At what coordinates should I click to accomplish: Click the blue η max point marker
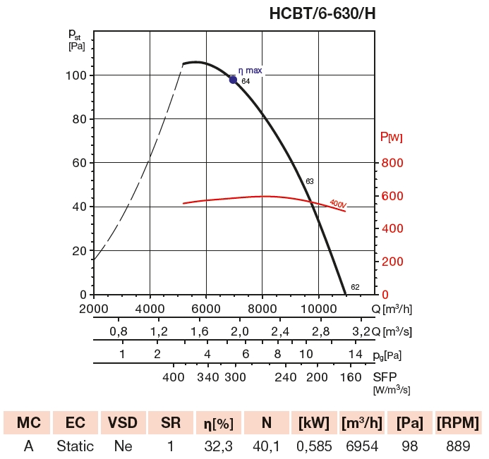coord(234,80)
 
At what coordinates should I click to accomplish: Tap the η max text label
coord(250,71)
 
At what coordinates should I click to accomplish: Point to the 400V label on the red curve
coord(338,204)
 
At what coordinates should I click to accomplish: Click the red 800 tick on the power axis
coord(392,163)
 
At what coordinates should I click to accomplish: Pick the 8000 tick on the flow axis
coord(262,308)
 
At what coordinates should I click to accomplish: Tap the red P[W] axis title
coord(392,137)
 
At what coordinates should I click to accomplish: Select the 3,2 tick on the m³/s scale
coord(360,331)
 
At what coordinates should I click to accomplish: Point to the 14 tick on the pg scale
coord(355,354)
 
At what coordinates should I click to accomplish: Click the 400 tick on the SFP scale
coord(173,376)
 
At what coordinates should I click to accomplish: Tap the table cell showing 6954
coord(362,446)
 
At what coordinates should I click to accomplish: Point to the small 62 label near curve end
coord(355,287)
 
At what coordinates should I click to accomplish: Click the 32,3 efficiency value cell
coord(218,446)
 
